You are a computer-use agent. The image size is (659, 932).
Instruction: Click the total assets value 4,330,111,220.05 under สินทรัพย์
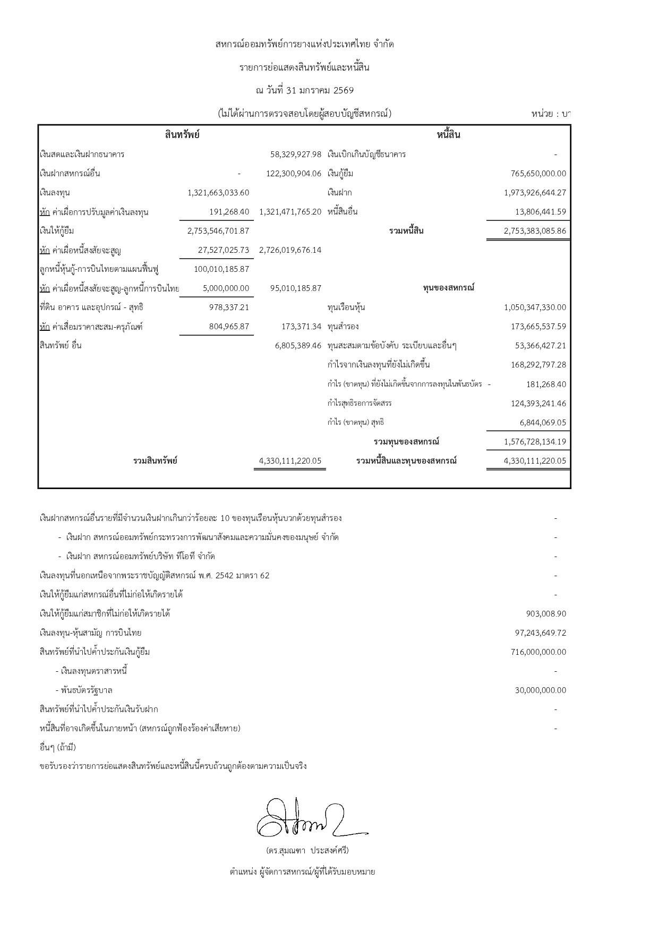coord(290,461)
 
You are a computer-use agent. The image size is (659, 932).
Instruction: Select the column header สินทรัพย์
coord(182,135)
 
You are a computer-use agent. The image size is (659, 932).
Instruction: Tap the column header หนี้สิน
coord(448,135)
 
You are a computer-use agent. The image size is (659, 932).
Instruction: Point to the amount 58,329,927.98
coord(296,155)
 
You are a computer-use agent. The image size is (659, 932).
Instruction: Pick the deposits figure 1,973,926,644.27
coord(535,193)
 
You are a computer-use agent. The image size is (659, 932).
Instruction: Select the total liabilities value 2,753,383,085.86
coord(535,231)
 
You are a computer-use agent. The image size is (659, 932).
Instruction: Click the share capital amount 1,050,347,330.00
coord(535,307)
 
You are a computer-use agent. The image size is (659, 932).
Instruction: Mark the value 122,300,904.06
coord(294,174)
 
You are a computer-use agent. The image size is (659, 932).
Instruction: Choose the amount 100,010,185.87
coord(221,269)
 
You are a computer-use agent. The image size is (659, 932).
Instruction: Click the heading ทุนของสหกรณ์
coord(448,288)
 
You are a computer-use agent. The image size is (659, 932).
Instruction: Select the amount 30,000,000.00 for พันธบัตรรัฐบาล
coord(541,690)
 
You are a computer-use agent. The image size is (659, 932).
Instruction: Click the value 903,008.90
coord(546,614)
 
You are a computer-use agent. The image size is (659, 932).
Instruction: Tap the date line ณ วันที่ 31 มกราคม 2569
coord(304,90)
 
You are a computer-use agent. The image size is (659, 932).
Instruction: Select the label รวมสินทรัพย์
coord(155,461)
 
